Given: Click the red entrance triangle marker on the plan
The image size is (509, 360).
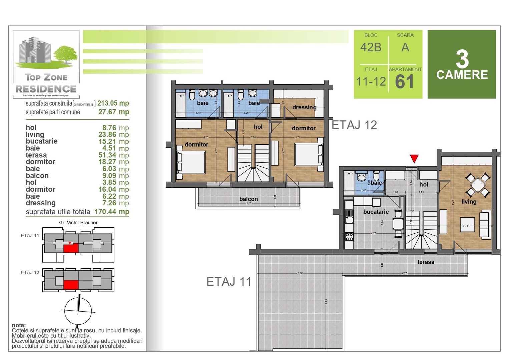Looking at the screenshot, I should tap(414, 158).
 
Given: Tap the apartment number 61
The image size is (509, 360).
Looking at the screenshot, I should tap(404, 82).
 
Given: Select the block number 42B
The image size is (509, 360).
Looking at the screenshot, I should tap(371, 47).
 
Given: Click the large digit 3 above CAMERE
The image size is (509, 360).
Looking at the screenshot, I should tap(462, 60).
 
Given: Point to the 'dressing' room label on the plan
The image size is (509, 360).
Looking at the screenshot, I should tap(304, 107).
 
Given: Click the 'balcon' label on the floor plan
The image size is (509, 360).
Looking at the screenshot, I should tap(248, 199).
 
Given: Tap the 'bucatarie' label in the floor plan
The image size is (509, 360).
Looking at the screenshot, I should tap(376, 212).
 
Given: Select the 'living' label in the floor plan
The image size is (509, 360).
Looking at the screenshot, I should tap(469, 202).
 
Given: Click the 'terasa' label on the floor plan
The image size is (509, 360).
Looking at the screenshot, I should tap(426, 262).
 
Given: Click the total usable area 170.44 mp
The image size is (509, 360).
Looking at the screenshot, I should tap(112, 212).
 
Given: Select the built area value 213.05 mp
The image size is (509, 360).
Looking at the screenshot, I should tap(113, 103).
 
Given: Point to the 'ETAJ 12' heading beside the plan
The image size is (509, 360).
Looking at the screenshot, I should tap(354, 125).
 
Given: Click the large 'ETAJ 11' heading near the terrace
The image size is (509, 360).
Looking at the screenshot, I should tap(229, 282).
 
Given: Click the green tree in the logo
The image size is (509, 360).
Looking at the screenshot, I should tap(65, 54).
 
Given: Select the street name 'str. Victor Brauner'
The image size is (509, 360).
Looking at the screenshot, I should tap(78, 223).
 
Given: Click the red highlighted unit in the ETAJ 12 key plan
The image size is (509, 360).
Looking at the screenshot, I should tap(71, 285).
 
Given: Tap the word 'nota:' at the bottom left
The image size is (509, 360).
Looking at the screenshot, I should tap(19, 325).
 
